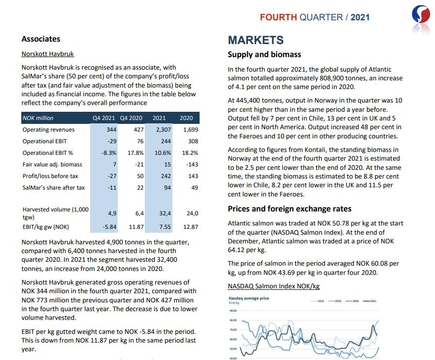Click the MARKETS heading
point(256,40)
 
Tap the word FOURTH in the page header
point(278,17)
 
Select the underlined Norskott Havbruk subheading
point(47,54)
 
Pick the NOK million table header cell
point(38,118)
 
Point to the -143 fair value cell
point(192,165)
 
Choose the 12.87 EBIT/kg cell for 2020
point(190,226)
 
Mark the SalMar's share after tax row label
point(53,188)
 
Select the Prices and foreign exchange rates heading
point(290,209)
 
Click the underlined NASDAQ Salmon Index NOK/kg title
point(274,286)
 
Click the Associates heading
point(41,39)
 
